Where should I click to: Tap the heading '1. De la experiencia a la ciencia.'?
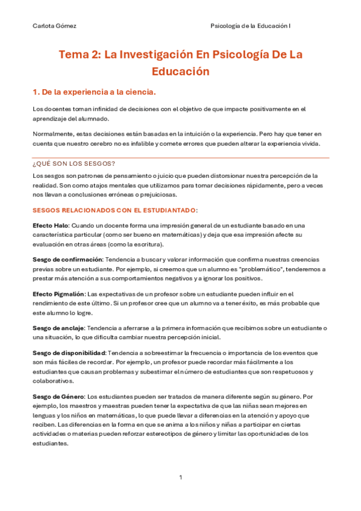click(x=94, y=92)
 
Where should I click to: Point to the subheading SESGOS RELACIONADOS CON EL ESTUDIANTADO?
click(x=115, y=210)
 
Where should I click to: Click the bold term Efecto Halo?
click(x=51, y=225)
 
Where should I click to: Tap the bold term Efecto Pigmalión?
click(x=59, y=293)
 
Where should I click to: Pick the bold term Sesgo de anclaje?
click(x=59, y=328)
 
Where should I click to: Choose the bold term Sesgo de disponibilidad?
click(x=69, y=353)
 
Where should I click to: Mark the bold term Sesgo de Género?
click(x=58, y=397)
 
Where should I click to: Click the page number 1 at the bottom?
click(x=180, y=478)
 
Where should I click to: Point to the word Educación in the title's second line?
click(x=180, y=71)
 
